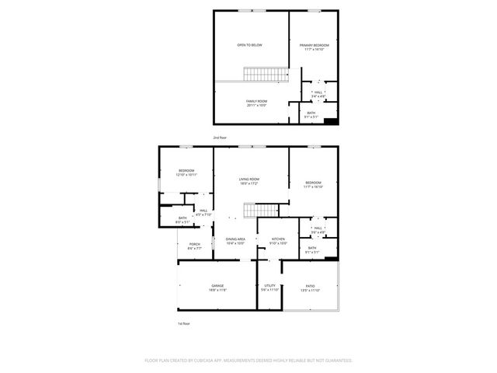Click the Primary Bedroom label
pos(315,46)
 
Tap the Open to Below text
pos(249,45)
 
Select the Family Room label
pos(256,102)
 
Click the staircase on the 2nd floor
pos(266,75)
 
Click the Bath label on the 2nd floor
pos(311,113)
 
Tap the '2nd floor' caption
pos(221,138)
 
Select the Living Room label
pos(248,180)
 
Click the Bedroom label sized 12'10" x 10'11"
pos(186,171)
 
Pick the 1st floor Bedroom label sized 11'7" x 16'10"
pos(313,183)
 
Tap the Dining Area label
pos(235,239)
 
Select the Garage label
pos(217,286)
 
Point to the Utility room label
pos(270,286)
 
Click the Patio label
pos(310,286)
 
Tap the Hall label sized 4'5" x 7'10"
pos(203,211)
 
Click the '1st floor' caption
pos(183,323)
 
